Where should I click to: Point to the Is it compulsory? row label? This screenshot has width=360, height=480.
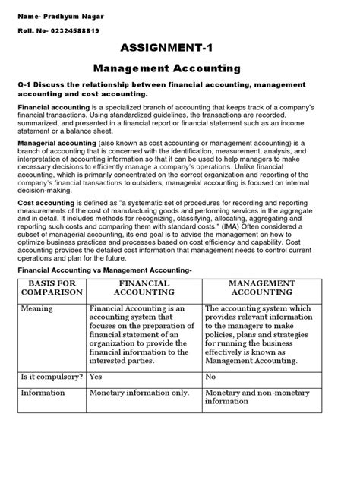[x=52, y=375]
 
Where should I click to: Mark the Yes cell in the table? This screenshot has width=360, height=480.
[x=96, y=375]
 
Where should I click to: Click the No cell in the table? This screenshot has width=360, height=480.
[x=211, y=375]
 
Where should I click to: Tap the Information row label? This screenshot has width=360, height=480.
[x=43, y=393]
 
